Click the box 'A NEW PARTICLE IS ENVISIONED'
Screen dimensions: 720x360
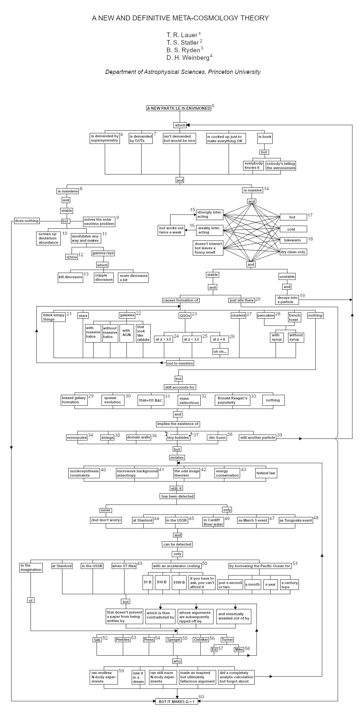point(179,108)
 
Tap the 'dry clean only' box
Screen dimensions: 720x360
point(293,252)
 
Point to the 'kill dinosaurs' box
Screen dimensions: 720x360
point(70,277)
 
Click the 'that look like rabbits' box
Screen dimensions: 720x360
point(143,333)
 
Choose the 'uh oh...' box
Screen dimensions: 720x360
point(220,351)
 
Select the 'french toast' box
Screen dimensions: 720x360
point(294,317)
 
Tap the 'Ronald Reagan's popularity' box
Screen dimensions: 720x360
point(232,400)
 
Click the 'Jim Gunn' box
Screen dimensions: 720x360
point(217,438)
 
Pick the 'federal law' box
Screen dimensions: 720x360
point(266,473)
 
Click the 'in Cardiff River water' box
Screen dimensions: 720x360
point(213,522)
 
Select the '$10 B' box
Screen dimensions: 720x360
point(162,582)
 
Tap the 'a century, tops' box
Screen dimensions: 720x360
point(289,585)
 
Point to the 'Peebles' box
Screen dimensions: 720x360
point(123,640)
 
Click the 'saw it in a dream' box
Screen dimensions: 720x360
point(138,677)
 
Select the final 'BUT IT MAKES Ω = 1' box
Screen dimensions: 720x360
point(177,702)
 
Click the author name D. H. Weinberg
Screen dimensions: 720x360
point(188,58)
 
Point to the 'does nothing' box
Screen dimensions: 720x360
point(27,221)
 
